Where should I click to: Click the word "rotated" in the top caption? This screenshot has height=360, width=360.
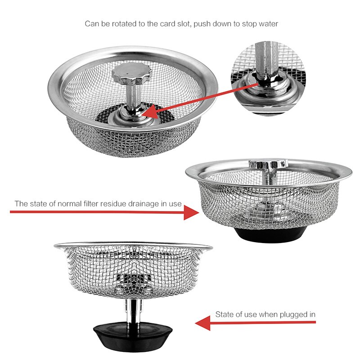(x=121, y=23)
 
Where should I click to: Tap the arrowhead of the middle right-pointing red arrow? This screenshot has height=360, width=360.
(x=191, y=213)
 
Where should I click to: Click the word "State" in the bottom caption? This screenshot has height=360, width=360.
(x=224, y=314)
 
